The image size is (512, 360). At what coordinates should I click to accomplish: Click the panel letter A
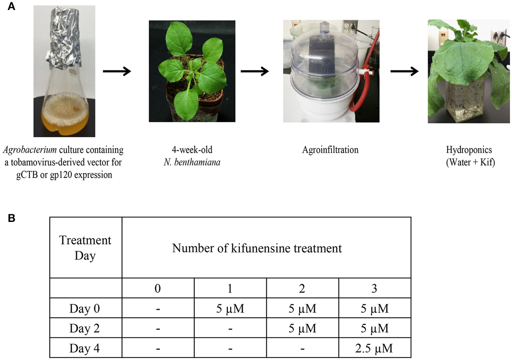click(11, 6)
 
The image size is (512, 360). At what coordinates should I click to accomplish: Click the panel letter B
click(11, 218)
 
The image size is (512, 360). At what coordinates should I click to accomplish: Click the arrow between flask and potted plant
click(117, 71)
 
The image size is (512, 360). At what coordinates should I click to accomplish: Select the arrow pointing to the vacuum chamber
click(255, 71)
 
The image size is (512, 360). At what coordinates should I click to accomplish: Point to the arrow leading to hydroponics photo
click(404, 71)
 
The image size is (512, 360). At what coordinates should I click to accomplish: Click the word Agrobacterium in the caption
click(30, 150)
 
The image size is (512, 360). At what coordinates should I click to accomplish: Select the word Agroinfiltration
click(330, 150)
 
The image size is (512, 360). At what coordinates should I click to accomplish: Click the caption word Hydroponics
click(469, 150)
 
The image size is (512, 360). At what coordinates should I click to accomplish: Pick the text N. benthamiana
click(192, 162)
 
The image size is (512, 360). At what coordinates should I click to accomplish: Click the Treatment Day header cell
click(85, 248)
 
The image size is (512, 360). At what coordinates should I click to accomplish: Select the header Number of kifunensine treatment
click(257, 248)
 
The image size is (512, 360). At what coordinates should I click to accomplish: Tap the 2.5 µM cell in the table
click(374, 348)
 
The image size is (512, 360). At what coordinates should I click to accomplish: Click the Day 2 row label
click(85, 328)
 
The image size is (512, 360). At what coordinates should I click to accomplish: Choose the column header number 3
click(374, 288)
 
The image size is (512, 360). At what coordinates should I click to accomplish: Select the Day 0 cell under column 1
click(230, 309)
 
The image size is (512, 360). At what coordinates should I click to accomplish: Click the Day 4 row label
click(85, 348)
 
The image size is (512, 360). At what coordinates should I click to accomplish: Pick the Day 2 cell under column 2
click(302, 328)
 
